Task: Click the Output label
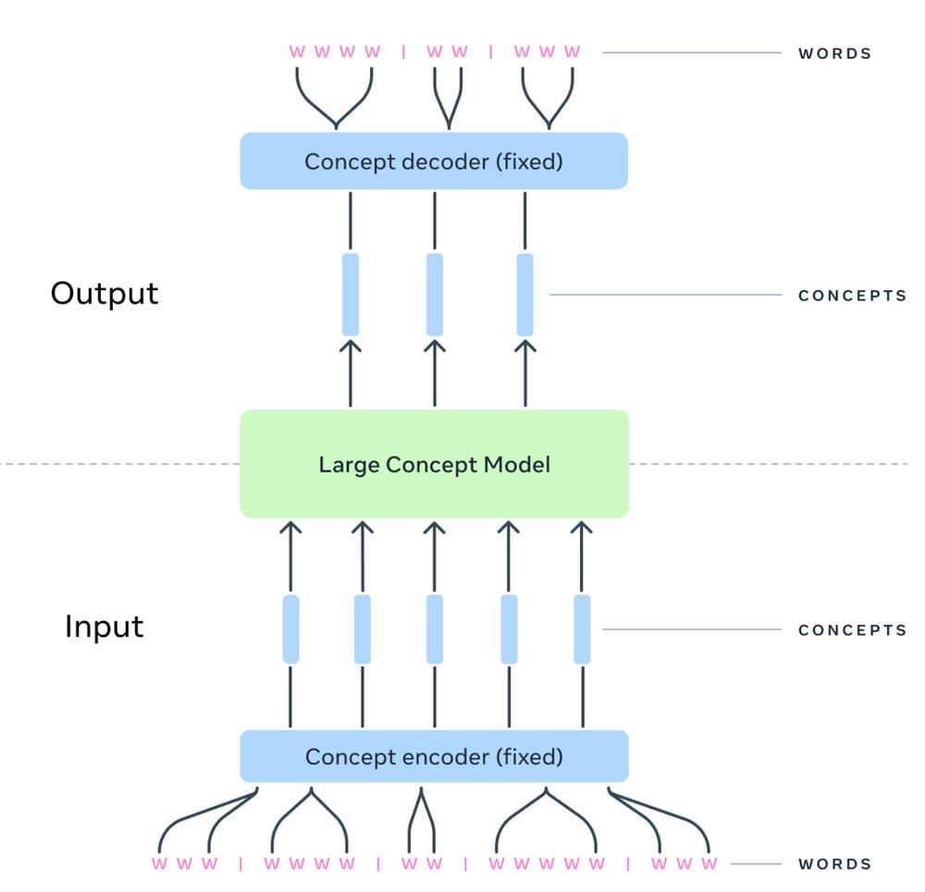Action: pyautogui.click(x=105, y=293)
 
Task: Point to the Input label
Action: pyautogui.click(x=104, y=627)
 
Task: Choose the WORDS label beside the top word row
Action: pyautogui.click(x=834, y=54)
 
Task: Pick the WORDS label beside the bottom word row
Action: pyautogui.click(x=834, y=864)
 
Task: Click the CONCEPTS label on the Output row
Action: pyautogui.click(x=852, y=296)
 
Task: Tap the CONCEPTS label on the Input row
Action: pyautogui.click(x=852, y=630)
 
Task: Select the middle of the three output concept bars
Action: pyautogui.click(x=435, y=294)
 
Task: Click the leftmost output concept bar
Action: pyautogui.click(x=351, y=294)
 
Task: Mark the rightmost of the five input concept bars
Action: pyautogui.click(x=583, y=629)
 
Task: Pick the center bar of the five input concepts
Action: pyautogui.click(x=435, y=629)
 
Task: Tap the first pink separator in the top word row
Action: pyautogui.click(x=403, y=52)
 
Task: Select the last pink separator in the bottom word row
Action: pyautogui.click(x=628, y=864)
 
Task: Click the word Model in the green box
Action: pyautogui.click(x=520, y=464)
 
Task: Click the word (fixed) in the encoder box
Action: pyautogui.click(x=528, y=757)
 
